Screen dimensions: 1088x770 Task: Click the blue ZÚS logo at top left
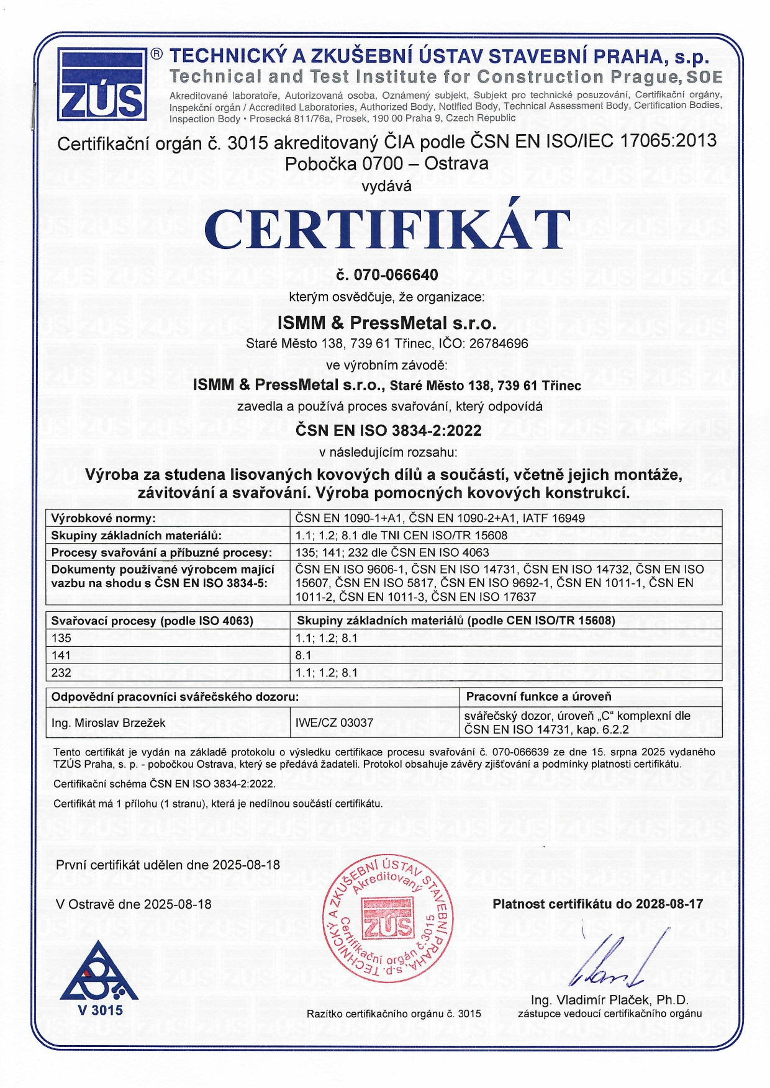102,84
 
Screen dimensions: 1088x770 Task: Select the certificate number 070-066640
396,275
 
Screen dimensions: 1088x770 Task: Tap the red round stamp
388,919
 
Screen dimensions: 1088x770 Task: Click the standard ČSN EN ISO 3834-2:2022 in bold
388,431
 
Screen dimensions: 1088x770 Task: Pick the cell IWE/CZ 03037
335,722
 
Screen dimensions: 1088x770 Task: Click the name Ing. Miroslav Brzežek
109,722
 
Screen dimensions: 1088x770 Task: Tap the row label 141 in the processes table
61,655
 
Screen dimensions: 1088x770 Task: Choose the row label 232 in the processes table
61,673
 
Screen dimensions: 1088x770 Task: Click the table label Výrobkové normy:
103,518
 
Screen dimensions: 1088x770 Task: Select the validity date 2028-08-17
669,904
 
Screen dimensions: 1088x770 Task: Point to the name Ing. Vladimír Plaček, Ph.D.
610,1000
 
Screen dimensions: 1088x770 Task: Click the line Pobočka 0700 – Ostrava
386,164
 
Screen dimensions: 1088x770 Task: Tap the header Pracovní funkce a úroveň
538,696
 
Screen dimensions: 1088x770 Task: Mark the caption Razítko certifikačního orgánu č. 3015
394,1014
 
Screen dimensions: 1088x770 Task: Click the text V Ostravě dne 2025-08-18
134,904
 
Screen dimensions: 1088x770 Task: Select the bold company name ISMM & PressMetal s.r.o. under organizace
386,323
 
